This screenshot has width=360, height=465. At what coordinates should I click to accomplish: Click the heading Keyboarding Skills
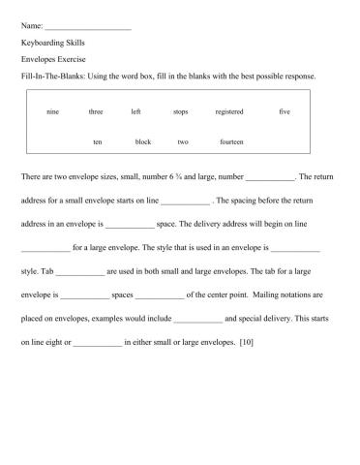pos(50,43)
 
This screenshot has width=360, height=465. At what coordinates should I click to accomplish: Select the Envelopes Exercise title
pos(50,59)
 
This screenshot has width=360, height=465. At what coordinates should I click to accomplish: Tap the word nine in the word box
pos(52,112)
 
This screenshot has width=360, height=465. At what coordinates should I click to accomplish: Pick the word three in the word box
pos(96,112)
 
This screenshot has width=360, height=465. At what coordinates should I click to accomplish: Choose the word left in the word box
pos(135,112)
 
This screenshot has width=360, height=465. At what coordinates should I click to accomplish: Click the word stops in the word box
pos(180,112)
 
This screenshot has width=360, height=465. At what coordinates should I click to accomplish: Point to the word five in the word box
pos(285,112)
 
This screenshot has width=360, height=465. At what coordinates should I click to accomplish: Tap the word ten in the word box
pos(98,142)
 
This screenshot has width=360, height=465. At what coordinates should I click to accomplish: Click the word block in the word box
pos(143,142)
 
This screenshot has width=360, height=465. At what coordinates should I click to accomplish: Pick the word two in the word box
pos(183,142)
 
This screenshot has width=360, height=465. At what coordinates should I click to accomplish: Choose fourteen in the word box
pos(231,142)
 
